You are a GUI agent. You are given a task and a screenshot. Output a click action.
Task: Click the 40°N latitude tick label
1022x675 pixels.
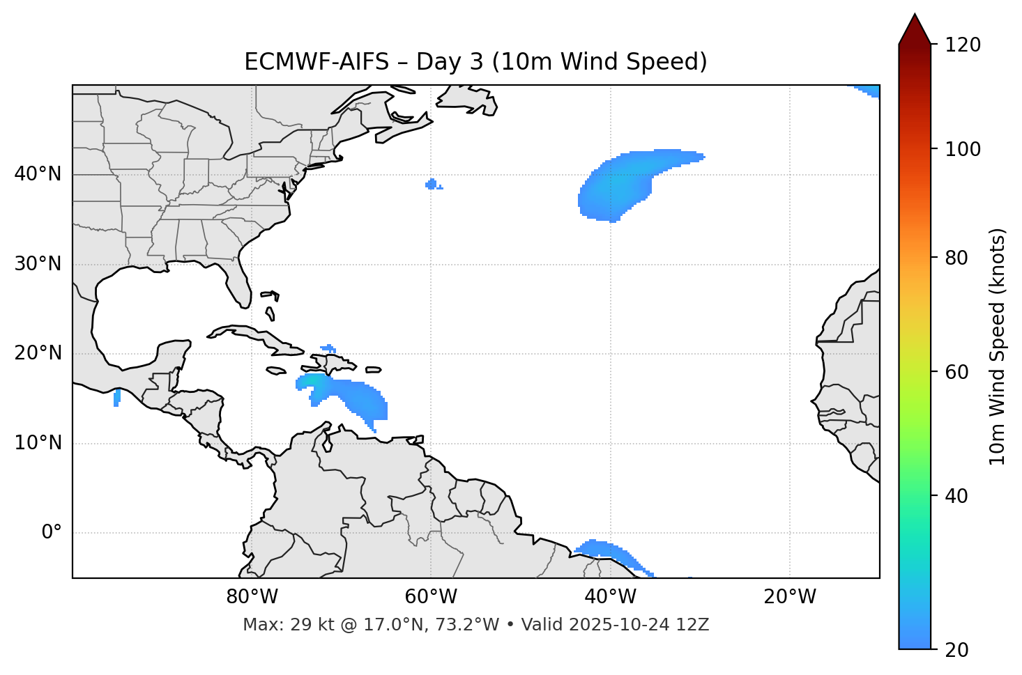(38, 174)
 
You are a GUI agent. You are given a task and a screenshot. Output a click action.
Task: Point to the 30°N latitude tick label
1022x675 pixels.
(38, 264)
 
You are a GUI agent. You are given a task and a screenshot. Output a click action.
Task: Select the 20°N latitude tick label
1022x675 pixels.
(38, 354)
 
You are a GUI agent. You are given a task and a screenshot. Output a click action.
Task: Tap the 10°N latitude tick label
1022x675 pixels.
(38, 443)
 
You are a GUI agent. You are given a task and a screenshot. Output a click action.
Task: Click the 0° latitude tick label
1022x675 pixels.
(52, 533)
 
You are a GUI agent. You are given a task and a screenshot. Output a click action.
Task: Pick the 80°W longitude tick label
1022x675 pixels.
(252, 597)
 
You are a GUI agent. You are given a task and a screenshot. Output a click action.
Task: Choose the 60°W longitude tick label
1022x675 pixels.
(431, 597)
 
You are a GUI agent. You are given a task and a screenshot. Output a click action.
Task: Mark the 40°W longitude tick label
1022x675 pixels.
(610, 597)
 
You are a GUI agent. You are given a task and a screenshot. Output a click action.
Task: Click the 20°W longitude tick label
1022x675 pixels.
(789, 597)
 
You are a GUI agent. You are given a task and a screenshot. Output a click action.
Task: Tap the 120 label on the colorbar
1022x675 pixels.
(962, 45)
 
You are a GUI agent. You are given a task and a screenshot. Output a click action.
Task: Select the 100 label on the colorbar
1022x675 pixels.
(962, 149)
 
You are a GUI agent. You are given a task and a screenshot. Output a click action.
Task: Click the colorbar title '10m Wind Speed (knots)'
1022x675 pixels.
(998, 346)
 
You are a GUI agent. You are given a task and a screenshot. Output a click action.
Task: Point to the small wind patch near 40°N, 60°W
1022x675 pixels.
(432, 185)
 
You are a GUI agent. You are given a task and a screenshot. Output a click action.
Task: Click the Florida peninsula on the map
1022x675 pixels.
(238, 282)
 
